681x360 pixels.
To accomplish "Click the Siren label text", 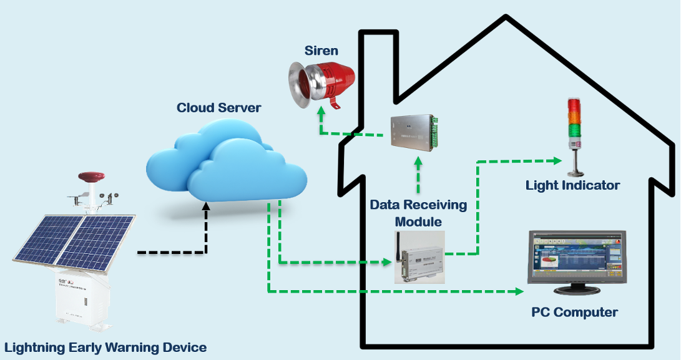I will pyautogui.click(x=321, y=50).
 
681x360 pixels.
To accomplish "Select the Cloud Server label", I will pyautogui.click(x=218, y=107).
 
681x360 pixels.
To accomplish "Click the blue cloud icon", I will pyautogui.click(x=225, y=162).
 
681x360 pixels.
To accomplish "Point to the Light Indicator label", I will pyautogui.click(x=572, y=185).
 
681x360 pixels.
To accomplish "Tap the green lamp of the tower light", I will pyautogui.click(x=574, y=130).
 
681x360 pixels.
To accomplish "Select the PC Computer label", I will pyautogui.click(x=574, y=312).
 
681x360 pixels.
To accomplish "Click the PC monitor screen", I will pyautogui.click(x=575, y=257).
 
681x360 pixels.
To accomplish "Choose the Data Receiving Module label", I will pyautogui.click(x=418, y=213).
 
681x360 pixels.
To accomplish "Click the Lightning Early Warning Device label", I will pyautogui.click(x=105, y=347).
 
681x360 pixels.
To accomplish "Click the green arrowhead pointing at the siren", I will pyautogui.click(x=321, y=114).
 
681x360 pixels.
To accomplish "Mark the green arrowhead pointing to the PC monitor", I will pyautogui.click(x=520, y=291).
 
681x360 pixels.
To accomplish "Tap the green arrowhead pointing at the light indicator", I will pyautogui.click(x=557, y=160).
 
